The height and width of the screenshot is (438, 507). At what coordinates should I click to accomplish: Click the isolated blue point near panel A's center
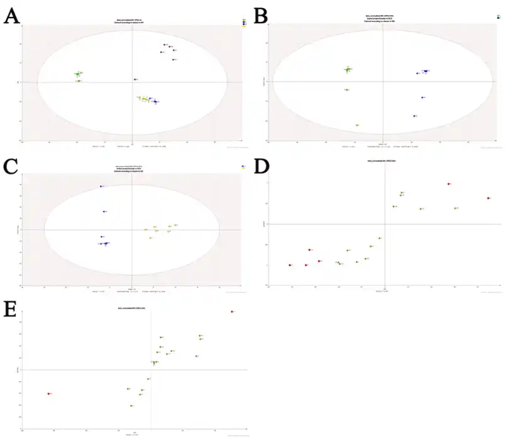[x=134, y=80]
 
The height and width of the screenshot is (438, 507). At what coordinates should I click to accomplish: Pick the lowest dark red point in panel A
[x=173, y=60]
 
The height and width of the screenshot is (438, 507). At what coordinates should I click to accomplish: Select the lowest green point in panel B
[x=356, y=125]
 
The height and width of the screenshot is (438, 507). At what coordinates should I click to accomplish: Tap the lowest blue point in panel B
[x=414, y=115]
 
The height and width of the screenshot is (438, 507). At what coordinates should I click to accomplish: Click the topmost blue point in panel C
[x=100, y=186]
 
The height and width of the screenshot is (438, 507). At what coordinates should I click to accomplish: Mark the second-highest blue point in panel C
[x=104, y=211]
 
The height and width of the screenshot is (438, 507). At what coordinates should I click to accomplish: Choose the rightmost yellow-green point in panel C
[x=176, y=225]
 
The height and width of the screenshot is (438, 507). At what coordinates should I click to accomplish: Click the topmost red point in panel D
[x=449, y=184]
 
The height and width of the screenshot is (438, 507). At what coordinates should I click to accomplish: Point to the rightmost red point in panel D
[x=488, y=198]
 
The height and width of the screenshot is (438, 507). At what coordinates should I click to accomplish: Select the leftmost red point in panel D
[x=290, y=265]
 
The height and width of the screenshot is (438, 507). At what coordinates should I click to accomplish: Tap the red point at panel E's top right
[x=232, y=311]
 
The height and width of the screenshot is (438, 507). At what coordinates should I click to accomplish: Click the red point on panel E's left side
[x=48, y=393]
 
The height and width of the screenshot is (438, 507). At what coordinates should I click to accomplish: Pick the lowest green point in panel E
[x=131, y=406]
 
